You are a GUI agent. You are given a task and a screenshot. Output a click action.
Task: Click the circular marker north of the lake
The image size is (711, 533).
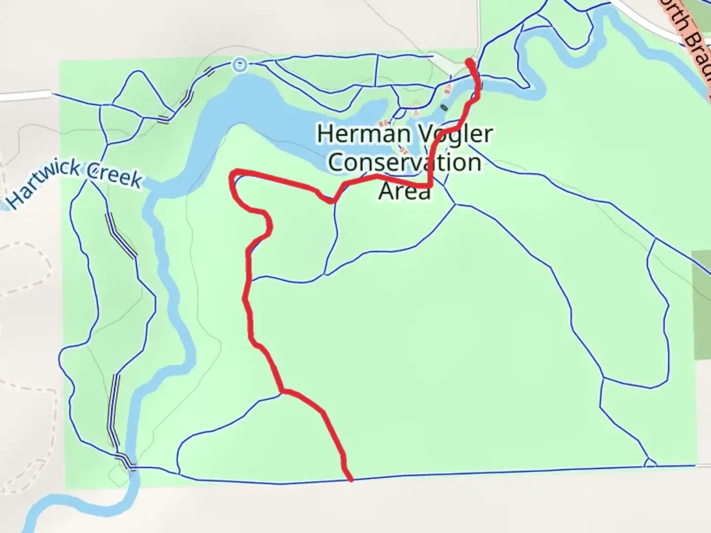(240, 64)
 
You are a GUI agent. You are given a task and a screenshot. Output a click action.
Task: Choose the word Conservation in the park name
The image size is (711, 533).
(405, 162)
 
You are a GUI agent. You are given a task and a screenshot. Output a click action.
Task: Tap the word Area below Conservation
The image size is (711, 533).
(404, 191)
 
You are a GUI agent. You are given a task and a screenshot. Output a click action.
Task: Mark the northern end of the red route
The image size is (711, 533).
(470, 62)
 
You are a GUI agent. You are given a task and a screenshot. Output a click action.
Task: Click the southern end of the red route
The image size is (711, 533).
(351, 479)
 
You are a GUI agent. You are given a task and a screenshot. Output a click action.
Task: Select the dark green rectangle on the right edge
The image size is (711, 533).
(702, 305)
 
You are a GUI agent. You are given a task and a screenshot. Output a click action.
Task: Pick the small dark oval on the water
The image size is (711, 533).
(444, 107)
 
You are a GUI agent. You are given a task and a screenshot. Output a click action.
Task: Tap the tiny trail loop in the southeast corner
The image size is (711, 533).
(650, 463)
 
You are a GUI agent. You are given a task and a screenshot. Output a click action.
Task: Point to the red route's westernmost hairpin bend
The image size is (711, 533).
(233, 178)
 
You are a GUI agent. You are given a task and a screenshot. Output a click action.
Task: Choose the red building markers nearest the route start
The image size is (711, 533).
(448, 89)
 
